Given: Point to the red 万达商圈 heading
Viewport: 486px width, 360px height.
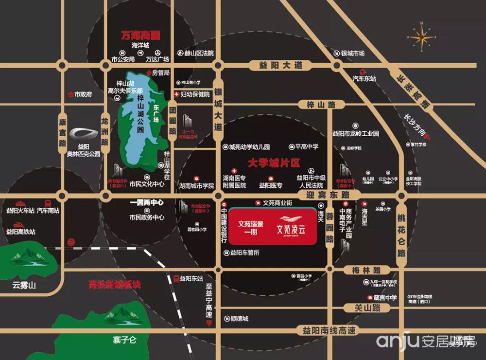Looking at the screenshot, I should (141, 36).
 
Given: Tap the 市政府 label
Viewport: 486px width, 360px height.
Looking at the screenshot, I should (83, 94).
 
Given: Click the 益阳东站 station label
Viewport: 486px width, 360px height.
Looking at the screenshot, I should (191, 279).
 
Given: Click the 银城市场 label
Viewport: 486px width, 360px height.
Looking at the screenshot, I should (353, 54).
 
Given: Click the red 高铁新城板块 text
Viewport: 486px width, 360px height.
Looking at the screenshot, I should (115, 284).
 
